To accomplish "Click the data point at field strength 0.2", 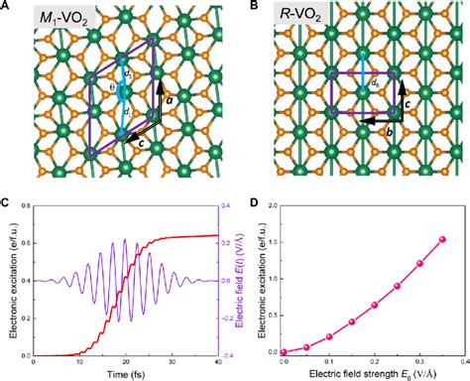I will pos(374,305).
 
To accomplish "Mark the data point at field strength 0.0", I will pos(284,351).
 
